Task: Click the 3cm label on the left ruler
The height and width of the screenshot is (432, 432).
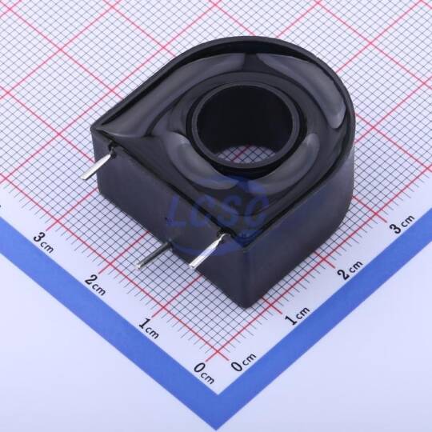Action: tap(43, 242)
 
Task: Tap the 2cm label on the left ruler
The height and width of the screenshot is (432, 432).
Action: tap(95, 285)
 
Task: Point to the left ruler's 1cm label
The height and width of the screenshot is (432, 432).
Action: tap(149, 329)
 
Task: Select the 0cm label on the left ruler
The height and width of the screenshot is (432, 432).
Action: tap(204, 374)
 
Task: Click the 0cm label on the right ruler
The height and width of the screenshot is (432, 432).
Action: tap(243, 362)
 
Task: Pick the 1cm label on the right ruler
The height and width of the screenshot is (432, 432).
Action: tap(297, 316)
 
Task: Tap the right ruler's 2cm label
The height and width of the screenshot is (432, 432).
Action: tap(350, 270)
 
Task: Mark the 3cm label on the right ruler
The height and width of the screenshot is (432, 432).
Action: tap(402, 224)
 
